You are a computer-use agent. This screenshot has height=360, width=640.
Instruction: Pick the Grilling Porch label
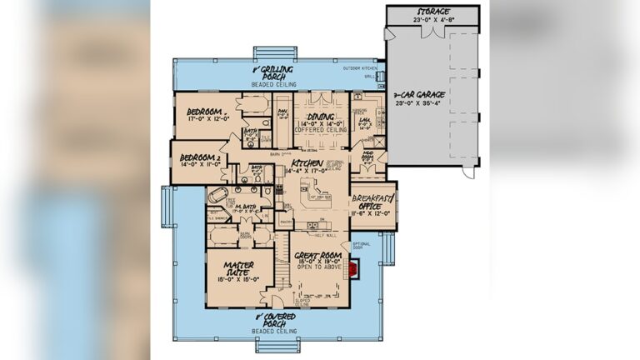click(280, 70)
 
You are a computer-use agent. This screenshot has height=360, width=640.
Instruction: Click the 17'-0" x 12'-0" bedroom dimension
click(202, 118)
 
